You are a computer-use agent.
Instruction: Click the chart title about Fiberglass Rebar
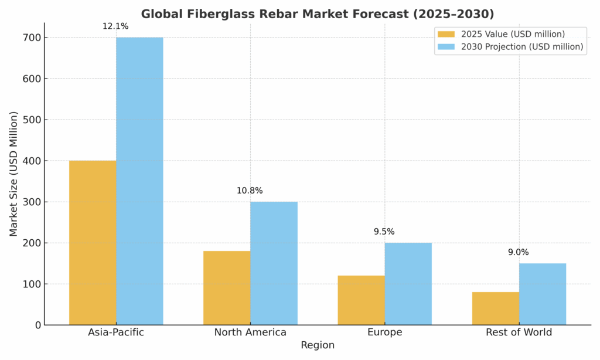click(x=318, y=13)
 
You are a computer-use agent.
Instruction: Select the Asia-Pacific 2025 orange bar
click(x=93, y=243)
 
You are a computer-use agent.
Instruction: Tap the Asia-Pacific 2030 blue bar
click(x=139, y=181)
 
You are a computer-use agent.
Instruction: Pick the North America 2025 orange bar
click(x=227, y=288)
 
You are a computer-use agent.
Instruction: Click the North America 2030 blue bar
click(x=274, y=263)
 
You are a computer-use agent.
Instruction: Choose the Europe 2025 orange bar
click(x=361, y=300)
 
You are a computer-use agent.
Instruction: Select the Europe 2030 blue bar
click(x=408, y=284)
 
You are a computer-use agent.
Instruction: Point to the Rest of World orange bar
click(x=495, y=308)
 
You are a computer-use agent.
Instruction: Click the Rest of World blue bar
click(x=542, y=294)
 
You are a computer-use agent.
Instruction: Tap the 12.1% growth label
click(x=115, y=26)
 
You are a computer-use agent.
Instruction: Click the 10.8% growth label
click(x=250, y=191)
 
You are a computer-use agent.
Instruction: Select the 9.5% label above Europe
click(x=384, y=232)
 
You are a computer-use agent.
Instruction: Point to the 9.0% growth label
click(x=518, y=252)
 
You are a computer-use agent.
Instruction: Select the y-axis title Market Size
click(x=13, y=174)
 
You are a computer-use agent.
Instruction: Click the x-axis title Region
click(x=318, y=345)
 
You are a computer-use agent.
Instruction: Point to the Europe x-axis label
click(x=384, y=332)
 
